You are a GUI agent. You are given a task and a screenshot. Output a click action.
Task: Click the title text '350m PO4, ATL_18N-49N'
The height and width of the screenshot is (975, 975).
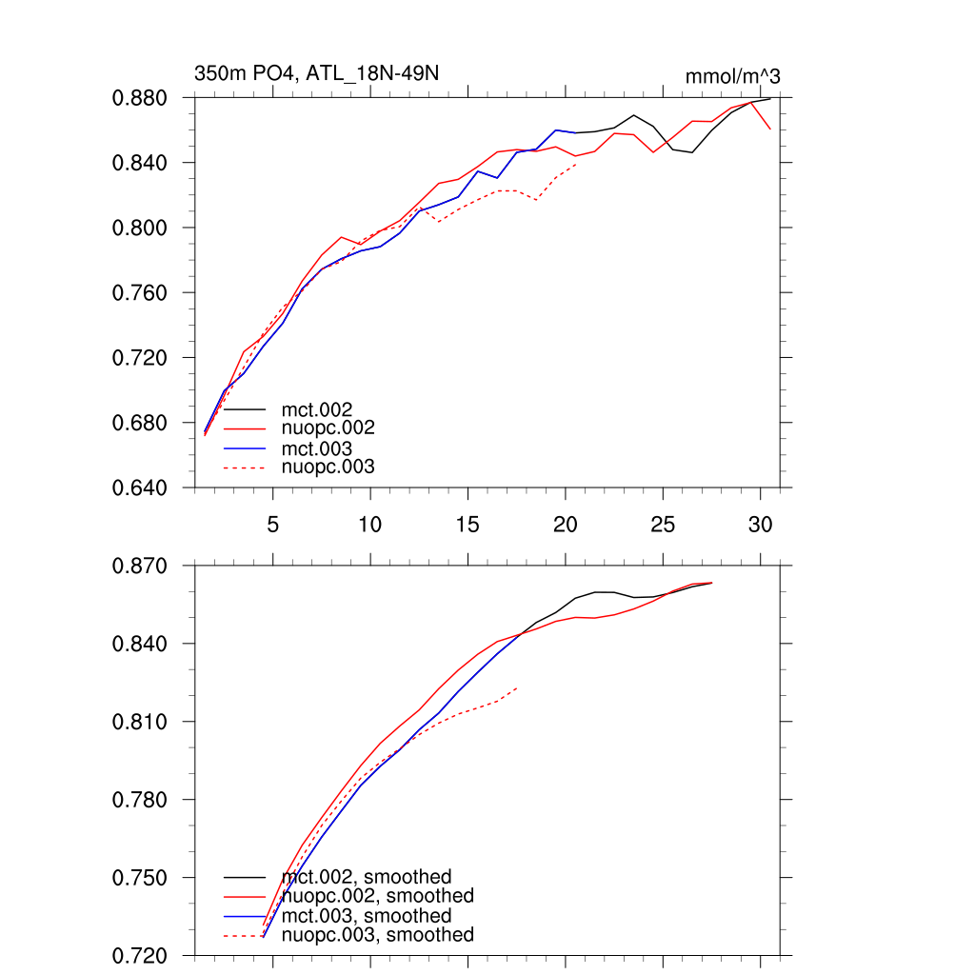(316, 73)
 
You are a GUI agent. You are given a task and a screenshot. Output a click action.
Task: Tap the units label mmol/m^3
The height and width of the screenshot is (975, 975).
(733, 77)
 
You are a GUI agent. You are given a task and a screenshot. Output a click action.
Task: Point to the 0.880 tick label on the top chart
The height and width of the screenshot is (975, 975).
(141, 98)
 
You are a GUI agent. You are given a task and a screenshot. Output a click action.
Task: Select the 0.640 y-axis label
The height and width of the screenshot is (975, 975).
(141, 487)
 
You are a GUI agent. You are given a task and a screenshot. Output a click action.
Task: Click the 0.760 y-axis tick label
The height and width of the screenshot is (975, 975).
(141, 293)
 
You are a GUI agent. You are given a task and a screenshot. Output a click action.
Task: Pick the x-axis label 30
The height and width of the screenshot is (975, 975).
(760, 525)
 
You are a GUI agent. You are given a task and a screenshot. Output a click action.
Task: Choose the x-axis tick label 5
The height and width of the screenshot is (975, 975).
(273, 525)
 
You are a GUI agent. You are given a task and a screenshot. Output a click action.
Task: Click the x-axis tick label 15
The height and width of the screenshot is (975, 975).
(468, 525)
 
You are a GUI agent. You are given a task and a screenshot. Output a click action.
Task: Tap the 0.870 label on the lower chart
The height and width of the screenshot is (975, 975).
(141, 566)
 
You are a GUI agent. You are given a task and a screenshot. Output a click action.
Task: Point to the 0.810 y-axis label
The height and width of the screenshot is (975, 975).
(141, 722)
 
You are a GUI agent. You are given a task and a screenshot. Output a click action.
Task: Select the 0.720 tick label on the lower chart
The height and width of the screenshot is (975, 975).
(141, 955)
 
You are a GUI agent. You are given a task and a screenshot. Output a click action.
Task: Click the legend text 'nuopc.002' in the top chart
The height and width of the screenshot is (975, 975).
(328, 428)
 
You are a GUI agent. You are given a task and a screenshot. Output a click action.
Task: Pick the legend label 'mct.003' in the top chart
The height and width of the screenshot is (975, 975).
(317, 448)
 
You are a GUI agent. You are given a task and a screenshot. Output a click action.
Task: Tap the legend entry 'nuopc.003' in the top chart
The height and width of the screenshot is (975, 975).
(328, 468)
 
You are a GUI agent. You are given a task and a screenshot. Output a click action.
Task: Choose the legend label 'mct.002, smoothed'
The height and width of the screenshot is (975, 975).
(367, 877)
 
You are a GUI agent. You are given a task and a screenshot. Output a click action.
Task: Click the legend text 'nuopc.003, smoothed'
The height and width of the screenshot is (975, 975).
(378, 935)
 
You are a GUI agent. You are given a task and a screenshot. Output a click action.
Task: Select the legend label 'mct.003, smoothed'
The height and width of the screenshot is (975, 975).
(367, 916)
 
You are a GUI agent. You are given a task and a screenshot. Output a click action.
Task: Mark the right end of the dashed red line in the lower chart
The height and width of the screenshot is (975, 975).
(517, 687)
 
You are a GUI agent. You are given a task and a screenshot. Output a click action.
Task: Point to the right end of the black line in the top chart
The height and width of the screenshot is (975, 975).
(769, 98)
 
